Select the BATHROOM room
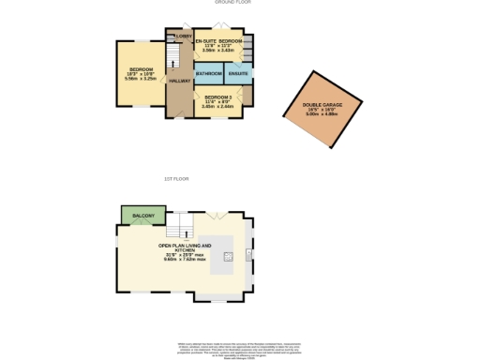pyautogui.click(x=208, y=73)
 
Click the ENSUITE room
pyautogui.click(x=238, y=73)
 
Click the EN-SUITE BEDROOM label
pyautogui.click(x=217, y=42)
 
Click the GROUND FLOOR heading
pyautogui.click(x=240, y=4)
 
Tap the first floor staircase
pyautogui.click(x=178, y=225)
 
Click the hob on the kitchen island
pyautogui.click(x=228, y=254)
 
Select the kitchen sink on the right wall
pyautogui.click(x=248, y=254)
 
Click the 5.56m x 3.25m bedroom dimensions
pyautogui.click(x=141, y=78)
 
